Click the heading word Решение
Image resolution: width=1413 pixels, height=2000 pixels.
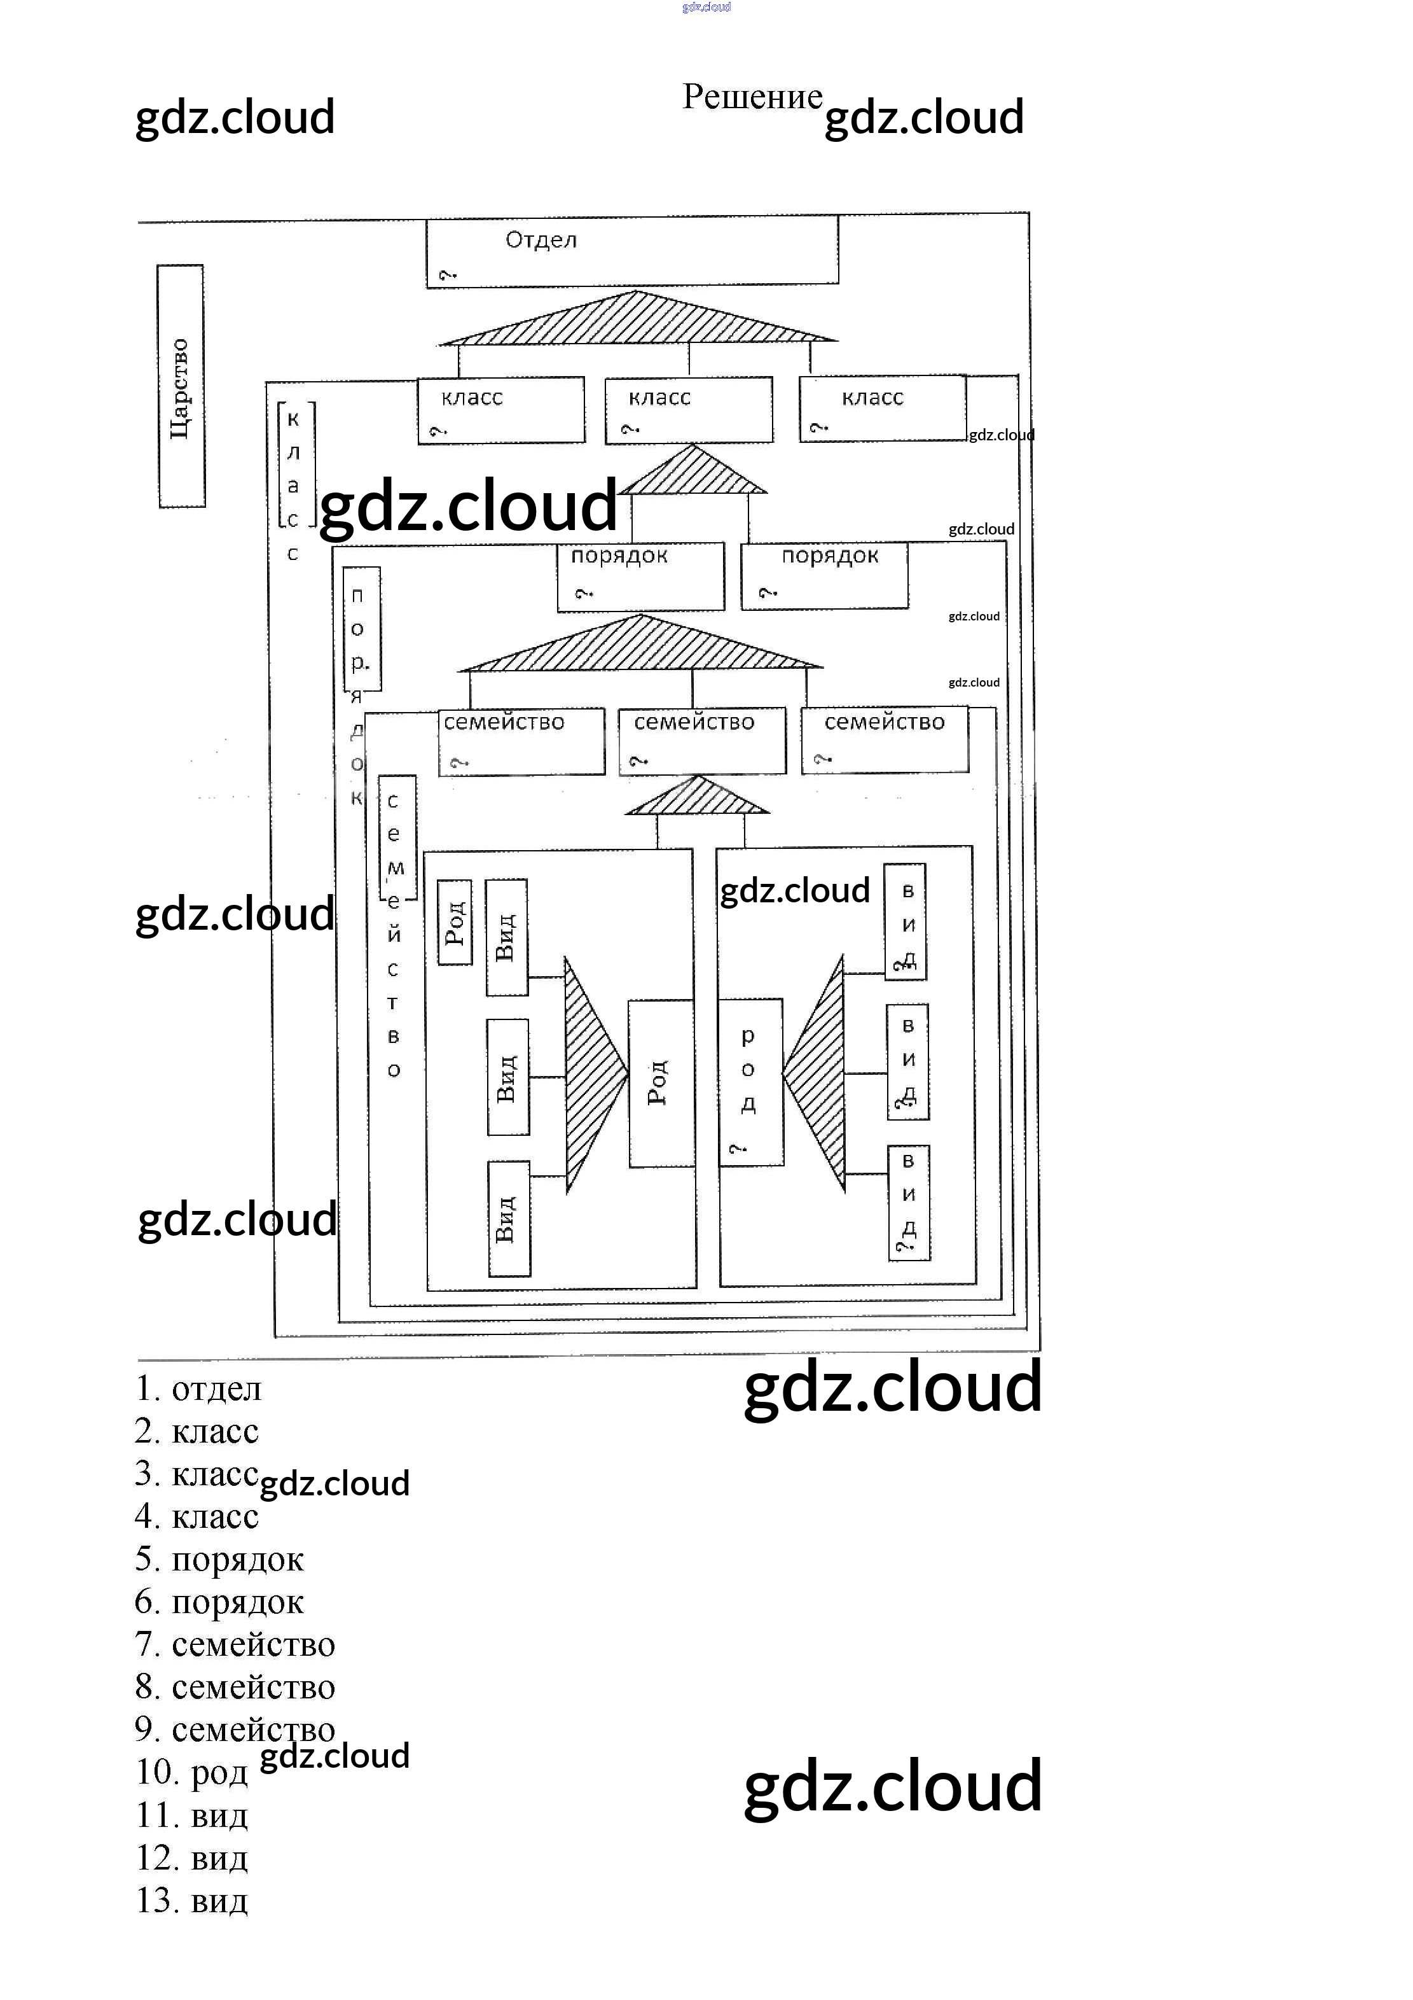[x=752, y=97]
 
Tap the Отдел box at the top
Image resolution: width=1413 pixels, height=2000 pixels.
[x=632, y=251]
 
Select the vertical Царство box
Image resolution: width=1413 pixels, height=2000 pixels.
[x=181, y=386]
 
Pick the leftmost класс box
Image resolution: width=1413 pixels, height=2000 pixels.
[x=500, y=410]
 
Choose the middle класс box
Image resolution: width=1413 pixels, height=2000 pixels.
[x=689, y=410]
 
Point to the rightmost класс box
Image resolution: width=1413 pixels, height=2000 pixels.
[x=883, y=409]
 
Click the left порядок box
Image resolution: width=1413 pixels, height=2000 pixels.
[x=641, y=577]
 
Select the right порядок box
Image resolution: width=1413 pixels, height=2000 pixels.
[x=825, y=576]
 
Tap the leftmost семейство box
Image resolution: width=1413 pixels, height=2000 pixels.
[x=521, y=742]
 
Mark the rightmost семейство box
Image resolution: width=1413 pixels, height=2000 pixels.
[x=885, y=741]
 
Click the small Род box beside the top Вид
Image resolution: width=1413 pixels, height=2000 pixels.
[x=455, y=923]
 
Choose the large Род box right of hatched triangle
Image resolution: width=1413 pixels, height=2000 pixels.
[x=661, y=1083]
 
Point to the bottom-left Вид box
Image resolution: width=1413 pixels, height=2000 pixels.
[x=509, y=1219]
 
